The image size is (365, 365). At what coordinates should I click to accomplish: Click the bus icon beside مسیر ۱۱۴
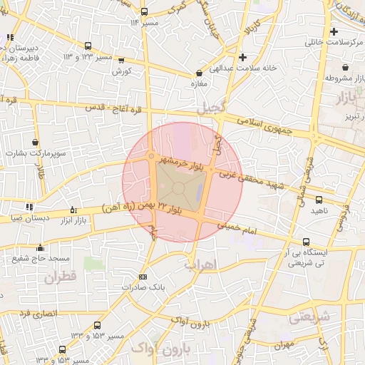145,12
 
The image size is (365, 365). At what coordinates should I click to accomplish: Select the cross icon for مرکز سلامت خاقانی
334,32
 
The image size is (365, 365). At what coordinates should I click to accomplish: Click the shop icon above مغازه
199,73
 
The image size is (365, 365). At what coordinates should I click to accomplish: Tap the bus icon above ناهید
319,200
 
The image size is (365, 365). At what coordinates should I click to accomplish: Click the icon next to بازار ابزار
73,210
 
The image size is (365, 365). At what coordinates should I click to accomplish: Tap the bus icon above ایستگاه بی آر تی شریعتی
306,242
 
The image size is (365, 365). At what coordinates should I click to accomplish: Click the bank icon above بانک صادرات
143,277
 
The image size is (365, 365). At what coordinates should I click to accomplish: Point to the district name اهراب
200,264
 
